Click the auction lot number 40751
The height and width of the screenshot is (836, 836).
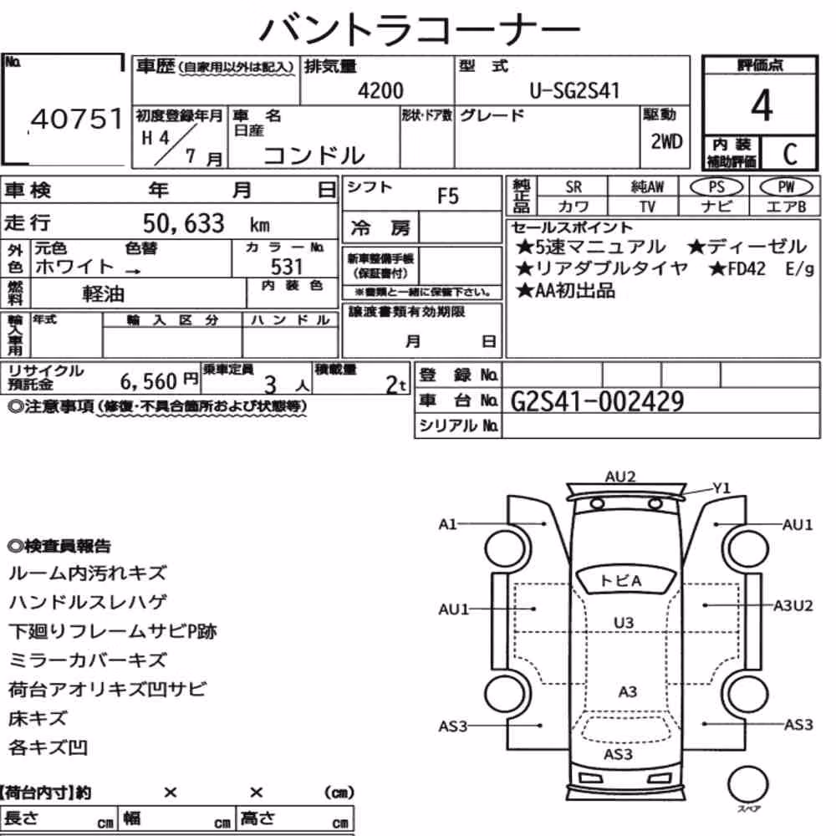(77, 119)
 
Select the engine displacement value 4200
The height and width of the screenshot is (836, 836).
(380, 90)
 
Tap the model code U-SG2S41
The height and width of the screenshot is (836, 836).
(574, 90)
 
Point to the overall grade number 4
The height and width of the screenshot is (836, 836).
(762, 105)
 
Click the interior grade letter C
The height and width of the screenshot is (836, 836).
(790, 154)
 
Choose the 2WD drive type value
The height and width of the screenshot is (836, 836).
(666, 141)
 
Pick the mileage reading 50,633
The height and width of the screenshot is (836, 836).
(183, 223)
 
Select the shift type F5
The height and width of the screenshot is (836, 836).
(448, 196)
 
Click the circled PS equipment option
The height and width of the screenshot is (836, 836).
(716, 187)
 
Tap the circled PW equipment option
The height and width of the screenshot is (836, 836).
(786, 187)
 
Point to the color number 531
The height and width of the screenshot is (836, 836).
(286, 267)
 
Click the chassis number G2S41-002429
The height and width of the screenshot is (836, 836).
(597, 401)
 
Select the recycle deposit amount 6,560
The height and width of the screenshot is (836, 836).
(148, 381)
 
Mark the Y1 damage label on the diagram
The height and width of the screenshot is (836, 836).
(721, 488)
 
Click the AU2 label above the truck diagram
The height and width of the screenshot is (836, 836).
(620, 477)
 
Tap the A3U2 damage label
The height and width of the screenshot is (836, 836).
(793, 605)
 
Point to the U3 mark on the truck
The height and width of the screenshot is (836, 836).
(624, 623)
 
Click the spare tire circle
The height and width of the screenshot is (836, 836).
(747, 785)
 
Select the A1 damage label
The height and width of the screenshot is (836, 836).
(447, 524)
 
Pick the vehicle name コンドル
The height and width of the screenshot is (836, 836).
(314, 155)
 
